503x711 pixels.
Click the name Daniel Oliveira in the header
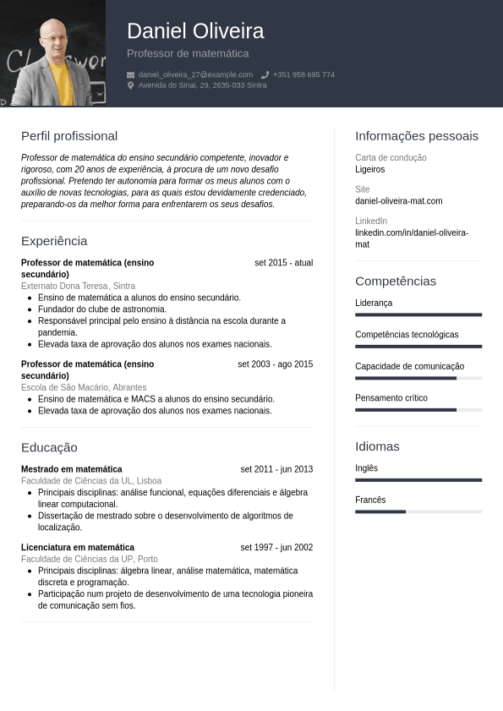pos(195,31)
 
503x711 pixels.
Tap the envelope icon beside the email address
pos(131,74)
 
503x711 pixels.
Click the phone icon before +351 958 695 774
pos(265,74)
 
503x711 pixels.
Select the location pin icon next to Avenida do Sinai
pos(131,85)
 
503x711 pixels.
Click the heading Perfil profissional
pos(69,136)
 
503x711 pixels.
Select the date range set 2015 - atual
pos(283,263)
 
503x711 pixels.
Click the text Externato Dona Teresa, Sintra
pos(78,286)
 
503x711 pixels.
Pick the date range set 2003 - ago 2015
pos(275,364)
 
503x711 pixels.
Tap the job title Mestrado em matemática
pos(72,469)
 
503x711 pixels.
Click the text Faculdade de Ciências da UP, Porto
pos(90,559)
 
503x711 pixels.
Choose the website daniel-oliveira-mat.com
pos(398,201)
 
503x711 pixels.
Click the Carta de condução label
pos(391,158)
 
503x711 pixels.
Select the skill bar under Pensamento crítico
pos(418,410)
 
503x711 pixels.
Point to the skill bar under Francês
pos(418,511)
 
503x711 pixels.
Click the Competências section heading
pos(396,281)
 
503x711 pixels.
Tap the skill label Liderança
pos(374,303)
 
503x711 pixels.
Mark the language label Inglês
pos(366,468)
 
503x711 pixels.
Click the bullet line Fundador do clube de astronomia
pos(103,309)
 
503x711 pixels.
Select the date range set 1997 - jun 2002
pos(276,547)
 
